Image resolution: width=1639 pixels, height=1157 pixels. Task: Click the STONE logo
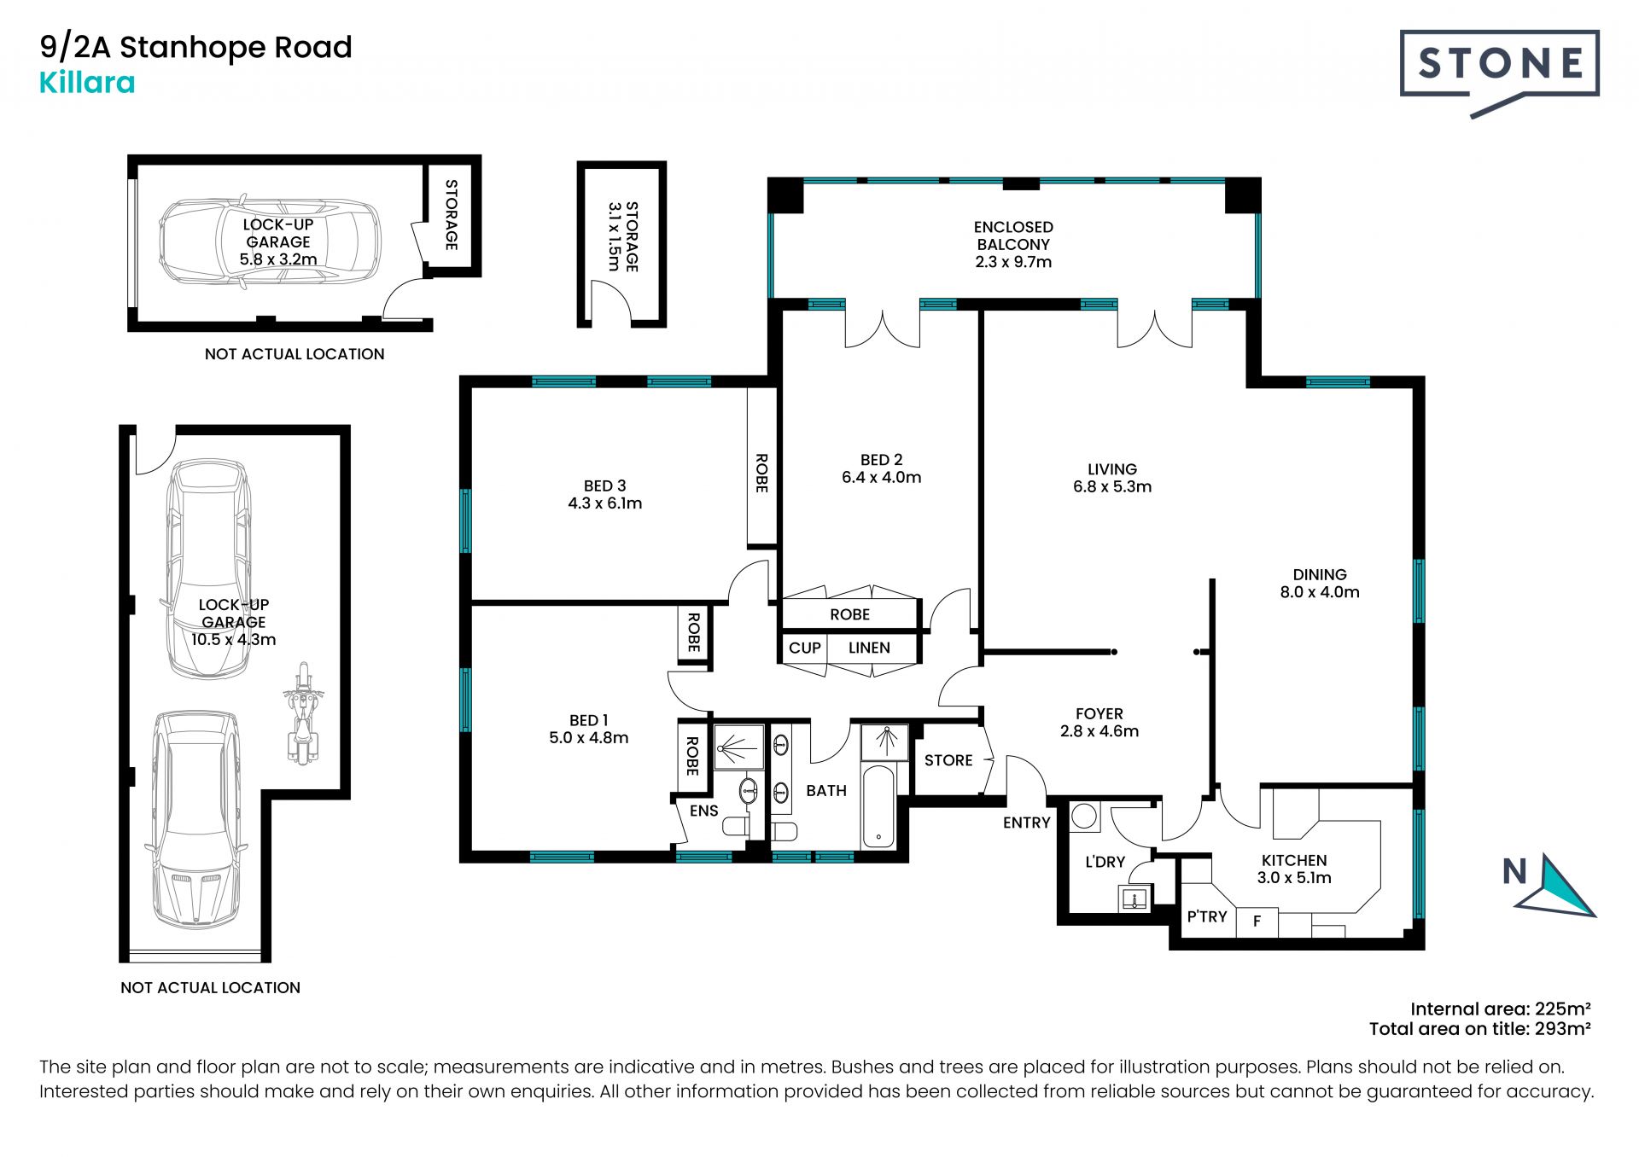coord(1499,73)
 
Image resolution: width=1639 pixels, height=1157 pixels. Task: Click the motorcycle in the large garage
coord(301,713)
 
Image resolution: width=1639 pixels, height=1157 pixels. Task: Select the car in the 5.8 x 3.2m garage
coord(270,242)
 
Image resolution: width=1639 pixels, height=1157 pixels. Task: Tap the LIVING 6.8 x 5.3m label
coord(1112,478)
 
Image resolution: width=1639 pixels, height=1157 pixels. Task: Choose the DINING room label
coord(1320,584)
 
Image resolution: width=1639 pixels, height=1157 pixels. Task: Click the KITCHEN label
coord(1294,869)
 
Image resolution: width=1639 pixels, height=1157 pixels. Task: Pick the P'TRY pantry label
coord(1207,916)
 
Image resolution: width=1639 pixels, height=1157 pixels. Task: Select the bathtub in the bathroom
coord(878,806)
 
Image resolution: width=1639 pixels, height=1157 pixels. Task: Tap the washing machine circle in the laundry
coord(1084,817)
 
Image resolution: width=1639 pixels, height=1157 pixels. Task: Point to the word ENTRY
coord(1026,823)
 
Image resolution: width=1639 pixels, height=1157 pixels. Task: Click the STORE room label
coord(948,760)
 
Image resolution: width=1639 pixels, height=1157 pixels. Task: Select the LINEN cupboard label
coord(869,648)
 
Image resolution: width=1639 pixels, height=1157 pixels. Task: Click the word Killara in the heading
coord(87,83)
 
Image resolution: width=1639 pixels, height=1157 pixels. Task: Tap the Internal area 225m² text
coord(1501,1009)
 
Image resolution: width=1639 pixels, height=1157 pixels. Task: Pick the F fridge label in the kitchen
coord(1257,922)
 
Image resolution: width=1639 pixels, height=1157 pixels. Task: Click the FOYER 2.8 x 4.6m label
coord(1099,722)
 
